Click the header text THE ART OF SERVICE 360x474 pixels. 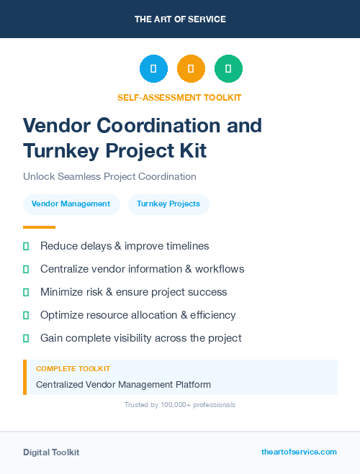180,19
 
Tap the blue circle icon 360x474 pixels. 153,69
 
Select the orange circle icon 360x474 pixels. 191,69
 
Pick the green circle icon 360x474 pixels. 228,69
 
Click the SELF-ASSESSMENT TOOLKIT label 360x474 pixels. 179,98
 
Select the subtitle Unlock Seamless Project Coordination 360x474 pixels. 109,176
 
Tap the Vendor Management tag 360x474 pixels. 71,204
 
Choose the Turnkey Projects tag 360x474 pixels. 168,204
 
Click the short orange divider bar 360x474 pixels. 34,227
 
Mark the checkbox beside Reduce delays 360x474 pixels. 26,246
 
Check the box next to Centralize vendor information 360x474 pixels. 26,269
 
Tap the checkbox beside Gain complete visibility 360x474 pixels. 26,338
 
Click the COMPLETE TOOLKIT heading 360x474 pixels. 73,369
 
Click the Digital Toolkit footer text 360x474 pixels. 51,452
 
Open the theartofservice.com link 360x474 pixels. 299,452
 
